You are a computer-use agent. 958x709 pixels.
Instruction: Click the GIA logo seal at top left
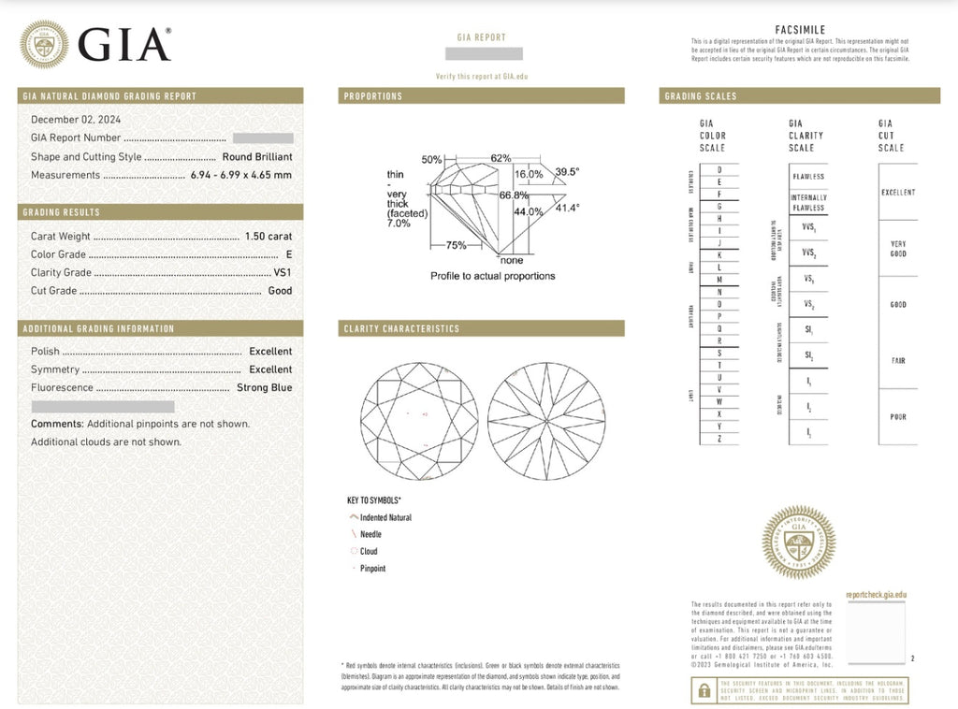click(44, 44)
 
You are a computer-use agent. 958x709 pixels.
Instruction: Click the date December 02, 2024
click(76, 120)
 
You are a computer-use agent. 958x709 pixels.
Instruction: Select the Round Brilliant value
click(257, 157)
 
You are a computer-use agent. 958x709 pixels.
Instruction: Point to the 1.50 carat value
click(269, 237)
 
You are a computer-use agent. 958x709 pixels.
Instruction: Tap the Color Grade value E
click(289, 254)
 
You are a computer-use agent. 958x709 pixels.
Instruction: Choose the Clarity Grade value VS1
click(283, 273)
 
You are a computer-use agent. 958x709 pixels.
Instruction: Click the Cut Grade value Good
click(280, 291)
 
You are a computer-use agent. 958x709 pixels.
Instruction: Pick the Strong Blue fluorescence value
click(265, 387)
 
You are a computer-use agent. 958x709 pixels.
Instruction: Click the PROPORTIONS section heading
click(373, 96)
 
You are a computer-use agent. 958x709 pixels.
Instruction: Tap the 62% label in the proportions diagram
click(501, 158)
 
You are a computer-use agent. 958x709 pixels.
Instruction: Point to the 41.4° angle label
click(567, 208)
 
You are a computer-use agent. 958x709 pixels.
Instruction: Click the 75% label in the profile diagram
click(456, 245)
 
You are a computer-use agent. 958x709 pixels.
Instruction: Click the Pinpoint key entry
click(372, 569)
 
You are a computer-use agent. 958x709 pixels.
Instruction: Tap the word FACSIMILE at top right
click(800, 30)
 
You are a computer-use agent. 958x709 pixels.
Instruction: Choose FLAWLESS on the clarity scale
click(808, 177)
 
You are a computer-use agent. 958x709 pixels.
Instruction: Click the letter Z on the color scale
click(718, 439)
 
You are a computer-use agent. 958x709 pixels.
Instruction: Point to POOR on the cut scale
click(897, 417)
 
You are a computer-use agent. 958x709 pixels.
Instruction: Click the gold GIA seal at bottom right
click(798, 543)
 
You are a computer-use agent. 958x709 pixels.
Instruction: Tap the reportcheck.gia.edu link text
click(876, 595)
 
